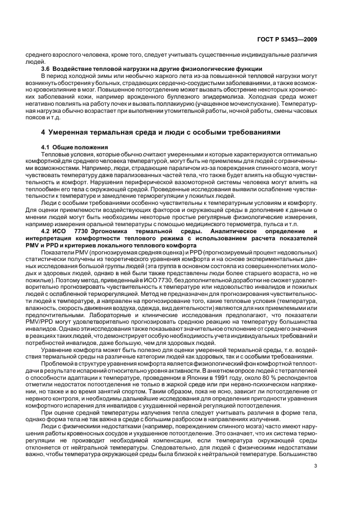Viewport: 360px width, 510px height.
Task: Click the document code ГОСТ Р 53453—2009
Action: (x=290, y=40)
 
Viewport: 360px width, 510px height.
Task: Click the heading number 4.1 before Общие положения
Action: (x=47, y=148)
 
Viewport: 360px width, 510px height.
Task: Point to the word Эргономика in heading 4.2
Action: (x=100, y=230)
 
